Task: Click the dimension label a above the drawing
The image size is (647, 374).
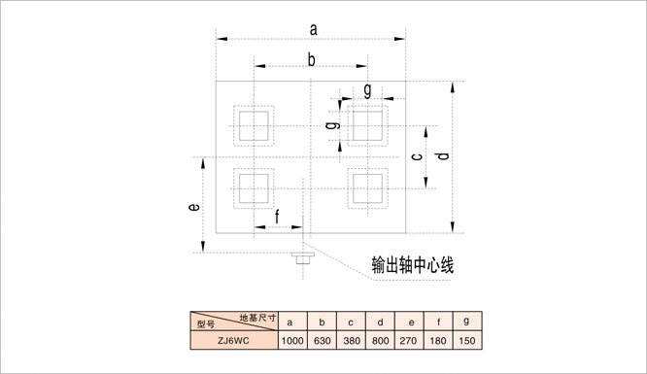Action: [x=314, y=30]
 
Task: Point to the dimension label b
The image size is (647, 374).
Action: [x=312, y=60]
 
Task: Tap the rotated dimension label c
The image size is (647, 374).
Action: [x=418, y=156]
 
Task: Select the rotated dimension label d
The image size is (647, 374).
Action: [x=443, y=156]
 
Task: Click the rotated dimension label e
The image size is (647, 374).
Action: [x=194, y=206]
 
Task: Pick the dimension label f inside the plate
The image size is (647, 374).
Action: [x=277, y=217]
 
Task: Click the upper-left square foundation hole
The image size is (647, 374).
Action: [x=254, y=126]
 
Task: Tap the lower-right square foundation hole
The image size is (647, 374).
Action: [x=367, y=188]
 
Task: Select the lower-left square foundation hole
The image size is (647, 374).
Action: [x=254, y=188]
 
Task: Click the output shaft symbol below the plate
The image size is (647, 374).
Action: [x=303, y=258]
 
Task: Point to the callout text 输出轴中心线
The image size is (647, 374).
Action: [x=413, y=265]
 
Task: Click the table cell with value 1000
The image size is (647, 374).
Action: [x=292, y=341]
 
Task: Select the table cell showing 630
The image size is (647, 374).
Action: [x=323, y=341]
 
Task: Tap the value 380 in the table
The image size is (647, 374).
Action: [x=352, y=341]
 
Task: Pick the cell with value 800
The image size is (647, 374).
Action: [x=381, y=341]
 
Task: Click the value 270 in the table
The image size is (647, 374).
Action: [x=408, y=341]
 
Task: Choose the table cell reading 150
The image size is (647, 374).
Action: [x=467, y=341]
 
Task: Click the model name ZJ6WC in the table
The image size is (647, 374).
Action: [x=233, y=341]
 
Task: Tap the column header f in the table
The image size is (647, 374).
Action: [x=439, y=322]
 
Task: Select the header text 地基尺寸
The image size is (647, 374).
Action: [x=257, y=318]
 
